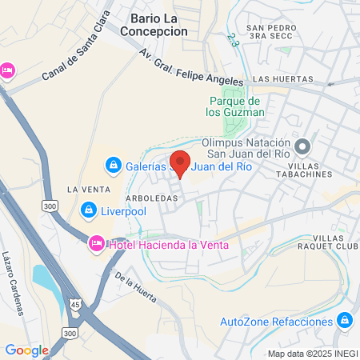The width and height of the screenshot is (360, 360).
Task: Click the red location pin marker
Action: point(180,163)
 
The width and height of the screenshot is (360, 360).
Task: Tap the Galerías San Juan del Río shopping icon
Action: point(114,166)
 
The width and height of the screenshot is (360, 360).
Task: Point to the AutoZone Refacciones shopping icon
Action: point(345,322)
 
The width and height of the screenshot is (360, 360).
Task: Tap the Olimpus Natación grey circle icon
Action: point(302,146)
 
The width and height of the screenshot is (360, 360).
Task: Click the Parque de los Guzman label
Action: point(235,106)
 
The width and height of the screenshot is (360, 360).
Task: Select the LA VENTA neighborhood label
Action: point(83,189)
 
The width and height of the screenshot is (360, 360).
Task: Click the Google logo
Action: point(26,350)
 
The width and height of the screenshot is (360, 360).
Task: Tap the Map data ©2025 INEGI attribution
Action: point(312,354)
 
